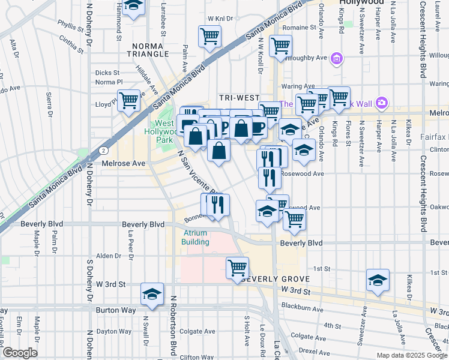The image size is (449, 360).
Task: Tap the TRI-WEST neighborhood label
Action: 239,98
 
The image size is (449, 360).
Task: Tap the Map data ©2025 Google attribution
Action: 411,355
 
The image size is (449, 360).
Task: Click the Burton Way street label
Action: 113,310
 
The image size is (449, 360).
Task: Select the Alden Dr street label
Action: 109,256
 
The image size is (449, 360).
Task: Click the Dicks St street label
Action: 108,73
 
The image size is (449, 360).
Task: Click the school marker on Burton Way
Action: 152,294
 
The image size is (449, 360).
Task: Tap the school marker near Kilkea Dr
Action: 378,280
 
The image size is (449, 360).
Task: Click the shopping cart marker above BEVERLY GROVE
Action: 238,266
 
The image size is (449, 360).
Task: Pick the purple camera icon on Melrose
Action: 382,103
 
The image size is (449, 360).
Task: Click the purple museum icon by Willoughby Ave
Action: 337,58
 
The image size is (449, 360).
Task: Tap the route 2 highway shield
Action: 104,150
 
